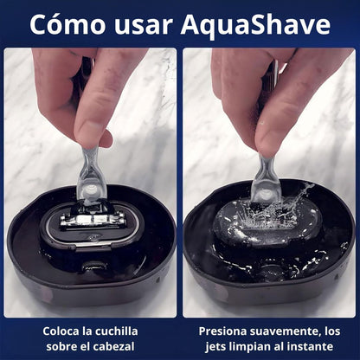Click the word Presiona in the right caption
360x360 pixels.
(x=225, y=331)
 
